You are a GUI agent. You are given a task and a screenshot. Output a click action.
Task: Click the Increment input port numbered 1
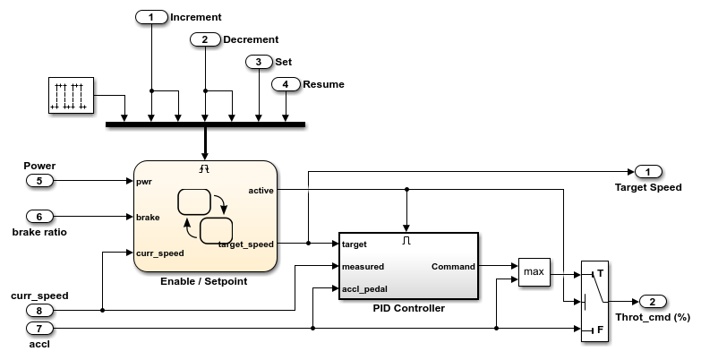point(151,17)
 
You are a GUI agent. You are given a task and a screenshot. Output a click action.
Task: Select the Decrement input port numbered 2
point(205,39)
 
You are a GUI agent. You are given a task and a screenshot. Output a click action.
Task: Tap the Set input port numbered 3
point(259,62)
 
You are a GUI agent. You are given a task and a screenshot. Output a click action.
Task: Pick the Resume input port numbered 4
point(286,84)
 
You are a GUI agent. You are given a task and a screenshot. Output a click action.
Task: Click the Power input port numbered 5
point(39,180)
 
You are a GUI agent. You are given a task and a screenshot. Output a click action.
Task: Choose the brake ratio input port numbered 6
point(39,217)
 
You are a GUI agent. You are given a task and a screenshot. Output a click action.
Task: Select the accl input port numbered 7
point(39,328)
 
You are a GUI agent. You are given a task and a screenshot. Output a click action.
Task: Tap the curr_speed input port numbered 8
point(39,310)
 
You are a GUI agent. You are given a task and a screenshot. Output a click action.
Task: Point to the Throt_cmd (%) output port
point(653,301)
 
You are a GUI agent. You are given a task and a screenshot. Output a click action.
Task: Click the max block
point(534,271)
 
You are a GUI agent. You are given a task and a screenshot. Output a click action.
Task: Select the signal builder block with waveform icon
point(71,96)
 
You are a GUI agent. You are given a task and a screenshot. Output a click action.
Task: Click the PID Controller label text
point(408,308)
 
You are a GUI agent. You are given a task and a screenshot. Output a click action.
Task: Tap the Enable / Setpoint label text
point(203,281)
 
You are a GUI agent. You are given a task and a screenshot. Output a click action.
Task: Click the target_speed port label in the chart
point(245,244)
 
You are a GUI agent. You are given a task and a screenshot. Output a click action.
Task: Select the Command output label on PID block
point(453,266)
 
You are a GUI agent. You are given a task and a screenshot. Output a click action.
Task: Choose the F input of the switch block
point(599,329)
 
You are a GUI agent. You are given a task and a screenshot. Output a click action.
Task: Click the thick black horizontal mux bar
point(205,124)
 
